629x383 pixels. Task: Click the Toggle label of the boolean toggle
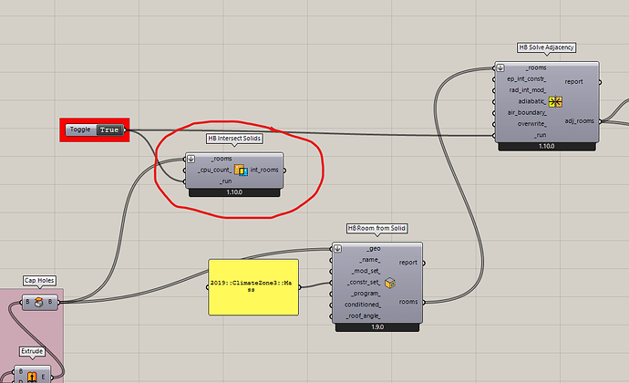(x=79, y=129)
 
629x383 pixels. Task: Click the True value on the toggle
(x=110, y=129)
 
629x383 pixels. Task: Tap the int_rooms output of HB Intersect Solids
(x=264, y=170)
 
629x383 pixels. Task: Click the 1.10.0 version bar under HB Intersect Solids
(x=235, y=192)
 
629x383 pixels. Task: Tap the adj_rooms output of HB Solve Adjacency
(x=579, y=119)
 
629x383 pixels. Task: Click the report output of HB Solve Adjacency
(x=574, y=81)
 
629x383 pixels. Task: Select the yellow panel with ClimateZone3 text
(x=253, y=286)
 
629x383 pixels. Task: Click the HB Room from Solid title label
(x=377, y=227)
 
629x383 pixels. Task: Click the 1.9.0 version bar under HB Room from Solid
(x=376, y=326)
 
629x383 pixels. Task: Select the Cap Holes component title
(x=39, y=281)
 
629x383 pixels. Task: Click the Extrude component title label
(x=32, y=350)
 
